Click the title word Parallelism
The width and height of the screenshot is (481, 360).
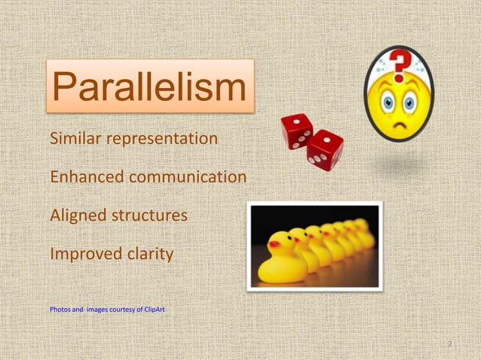coord(150,87)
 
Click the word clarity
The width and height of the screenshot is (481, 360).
coord(149,255)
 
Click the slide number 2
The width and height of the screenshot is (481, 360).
coord(449,344)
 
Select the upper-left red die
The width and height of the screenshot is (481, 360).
coord(296,130)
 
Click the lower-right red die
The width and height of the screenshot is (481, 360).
coord(324,149)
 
